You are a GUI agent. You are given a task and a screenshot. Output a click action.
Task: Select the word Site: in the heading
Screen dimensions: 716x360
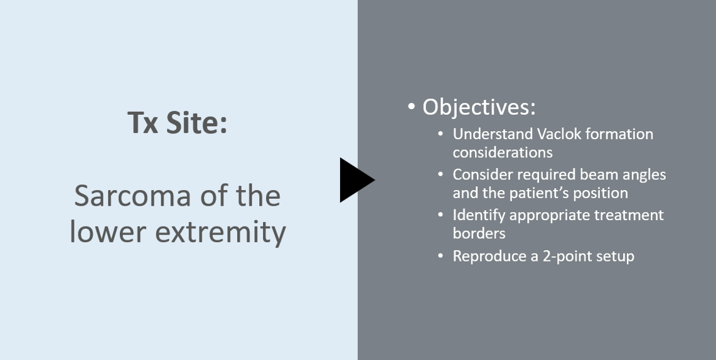coord(196,122)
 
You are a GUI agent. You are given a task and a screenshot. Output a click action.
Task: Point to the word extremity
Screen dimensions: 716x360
coord(220,232)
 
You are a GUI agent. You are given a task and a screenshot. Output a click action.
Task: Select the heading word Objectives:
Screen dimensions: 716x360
coord(479,107)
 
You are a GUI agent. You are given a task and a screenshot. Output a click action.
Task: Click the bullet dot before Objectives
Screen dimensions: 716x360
coord(412,107)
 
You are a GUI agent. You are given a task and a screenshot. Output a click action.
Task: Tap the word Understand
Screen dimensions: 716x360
coord(493,134)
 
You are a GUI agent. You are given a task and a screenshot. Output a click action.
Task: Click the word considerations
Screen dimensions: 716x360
coord(503,152)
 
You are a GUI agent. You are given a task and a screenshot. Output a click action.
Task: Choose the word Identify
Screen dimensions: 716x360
coord(479,215)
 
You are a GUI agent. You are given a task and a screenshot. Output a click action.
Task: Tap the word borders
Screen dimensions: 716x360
coord(479,233)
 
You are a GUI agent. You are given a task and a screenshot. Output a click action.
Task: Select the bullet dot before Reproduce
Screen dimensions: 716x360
coord(440,256)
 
